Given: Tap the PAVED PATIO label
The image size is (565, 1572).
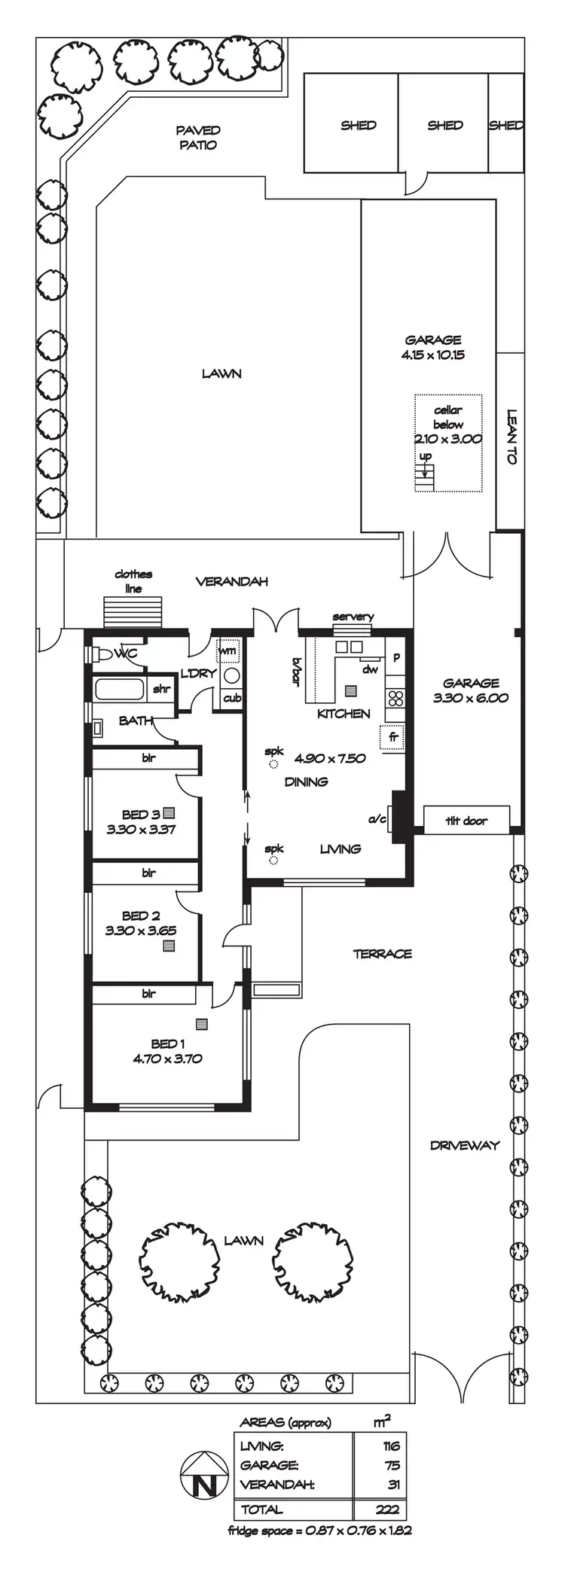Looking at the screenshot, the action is tap(198, 138).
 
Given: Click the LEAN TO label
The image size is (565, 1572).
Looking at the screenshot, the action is tap(512, 437).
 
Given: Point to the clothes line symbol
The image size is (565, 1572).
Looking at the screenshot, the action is tap(133, 607).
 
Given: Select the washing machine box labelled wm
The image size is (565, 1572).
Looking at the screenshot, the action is tap(228, 650).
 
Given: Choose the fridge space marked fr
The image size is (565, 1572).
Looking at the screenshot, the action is tap(393, 738).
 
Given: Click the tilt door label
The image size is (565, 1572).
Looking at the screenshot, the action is tap(466, 820).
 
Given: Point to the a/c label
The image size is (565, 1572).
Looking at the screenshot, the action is tap(377, 818).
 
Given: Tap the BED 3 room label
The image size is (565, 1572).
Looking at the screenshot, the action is tap(141, 814).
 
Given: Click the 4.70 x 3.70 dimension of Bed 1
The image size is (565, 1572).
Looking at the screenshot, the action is tap(167, 1058).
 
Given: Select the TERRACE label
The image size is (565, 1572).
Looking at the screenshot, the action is tap(383, 954).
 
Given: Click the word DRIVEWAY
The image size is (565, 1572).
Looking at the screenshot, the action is tap(465, 1145).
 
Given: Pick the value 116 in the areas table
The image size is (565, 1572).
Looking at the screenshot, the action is tap(391, 1446).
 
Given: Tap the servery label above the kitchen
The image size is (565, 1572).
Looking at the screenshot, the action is tap(353, 617).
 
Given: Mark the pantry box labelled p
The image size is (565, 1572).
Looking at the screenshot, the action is tap(396, 657).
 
